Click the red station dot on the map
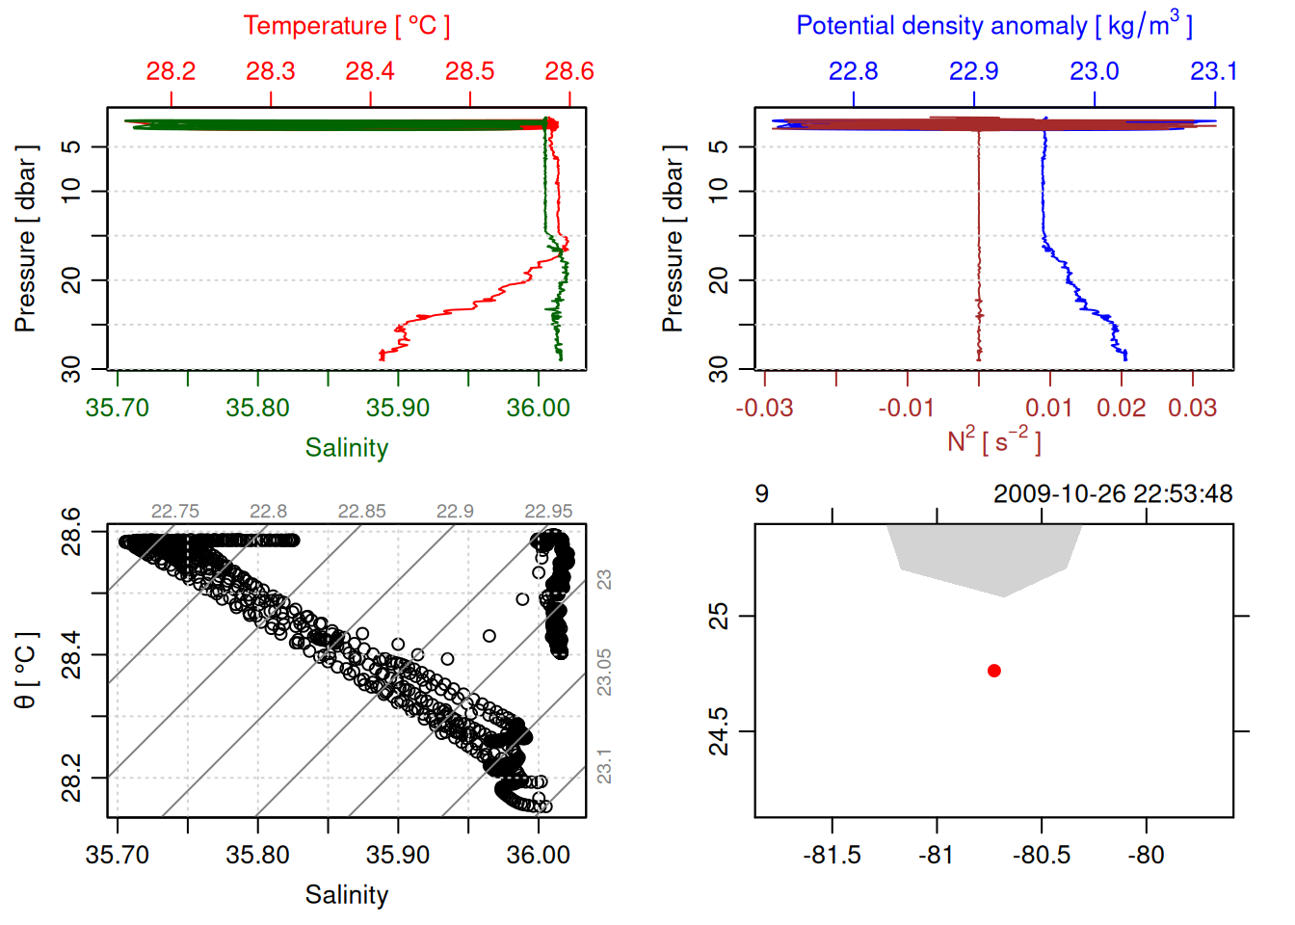point(994,671)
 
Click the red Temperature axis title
point(346,26)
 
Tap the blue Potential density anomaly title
point(993,25)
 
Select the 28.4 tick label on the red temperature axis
point(370,71)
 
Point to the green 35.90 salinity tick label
point(398,408)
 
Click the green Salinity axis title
point(347,448)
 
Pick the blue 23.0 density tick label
point(1095,71)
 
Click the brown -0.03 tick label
point(764,408)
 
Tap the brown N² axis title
point(993,441)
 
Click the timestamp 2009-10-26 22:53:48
point(1113,494)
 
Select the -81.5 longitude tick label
point(832,855)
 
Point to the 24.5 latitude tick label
point(720,731)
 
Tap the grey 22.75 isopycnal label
point(175,512)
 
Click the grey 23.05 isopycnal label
point(604,672)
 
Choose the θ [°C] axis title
point(26,671)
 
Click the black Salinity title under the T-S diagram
point(347,895)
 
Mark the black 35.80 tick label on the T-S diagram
point(257,855)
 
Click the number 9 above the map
point(762,494)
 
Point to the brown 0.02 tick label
point(1122,408)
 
